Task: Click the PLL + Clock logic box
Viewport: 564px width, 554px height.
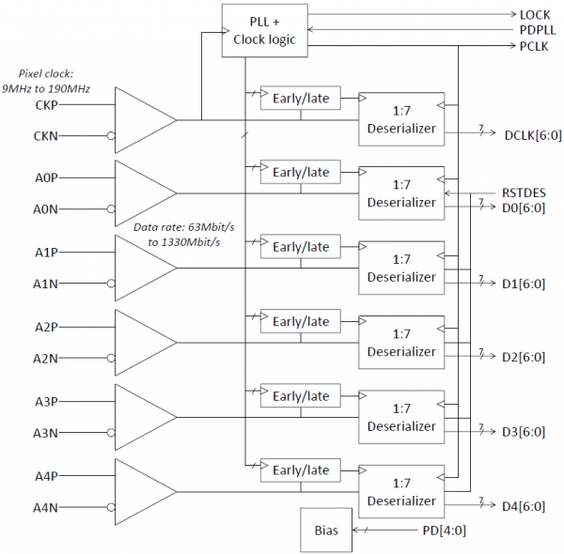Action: pos(258,31)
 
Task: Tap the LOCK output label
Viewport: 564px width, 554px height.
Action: pos(535,16)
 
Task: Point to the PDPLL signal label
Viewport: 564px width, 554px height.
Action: pos(538,30)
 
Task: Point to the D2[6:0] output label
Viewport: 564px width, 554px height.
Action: pos(524,357)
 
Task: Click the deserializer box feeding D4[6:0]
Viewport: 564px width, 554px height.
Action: pos(401,492)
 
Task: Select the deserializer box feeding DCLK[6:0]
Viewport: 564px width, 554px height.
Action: pos(401,119)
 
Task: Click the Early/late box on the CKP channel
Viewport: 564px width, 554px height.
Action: pos(301,97)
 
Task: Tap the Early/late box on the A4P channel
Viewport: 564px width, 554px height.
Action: pos(301,469)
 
